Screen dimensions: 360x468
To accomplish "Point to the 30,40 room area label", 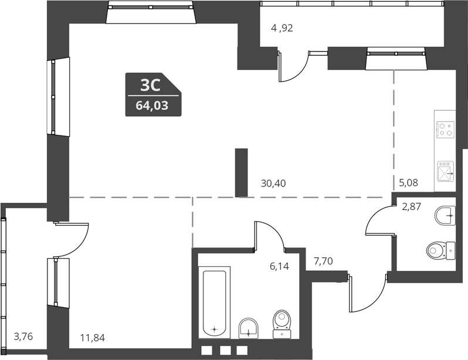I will pyautogui.click(x=273, y=183).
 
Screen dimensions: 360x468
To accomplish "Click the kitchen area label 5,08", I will pyautogui.click(x=409, y=183).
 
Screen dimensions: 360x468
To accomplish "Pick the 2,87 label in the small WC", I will pyautogui.click(x=411, y=206).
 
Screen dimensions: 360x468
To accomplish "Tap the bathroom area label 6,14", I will pyautogui.click(x=279, y=266).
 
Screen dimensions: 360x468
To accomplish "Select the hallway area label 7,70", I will pyautogui.click(x=323, y=261).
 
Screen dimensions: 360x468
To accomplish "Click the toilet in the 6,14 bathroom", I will pyautogui.click(x=282, y=322).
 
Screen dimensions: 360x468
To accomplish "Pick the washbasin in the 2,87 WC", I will pyautogui.click(x=446, y=215).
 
